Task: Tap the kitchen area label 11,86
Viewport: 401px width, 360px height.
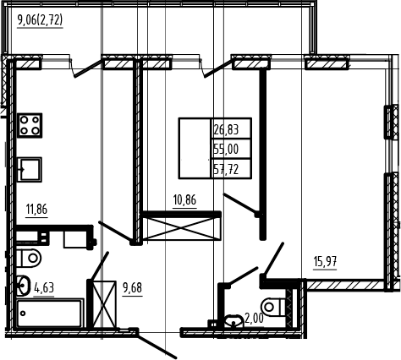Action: (36, 210)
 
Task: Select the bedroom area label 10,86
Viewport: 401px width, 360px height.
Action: (184, 200)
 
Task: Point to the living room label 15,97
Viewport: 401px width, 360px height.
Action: (325, 262)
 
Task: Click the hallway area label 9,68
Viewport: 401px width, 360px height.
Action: (132, 288)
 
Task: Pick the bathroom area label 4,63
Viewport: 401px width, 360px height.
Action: (44, 288)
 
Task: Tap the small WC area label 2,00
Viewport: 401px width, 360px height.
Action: (254, 319)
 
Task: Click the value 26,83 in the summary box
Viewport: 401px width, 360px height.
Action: (226, 130)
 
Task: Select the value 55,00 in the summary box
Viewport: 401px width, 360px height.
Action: (226, 149)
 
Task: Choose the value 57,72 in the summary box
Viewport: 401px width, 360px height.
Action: (226, 170)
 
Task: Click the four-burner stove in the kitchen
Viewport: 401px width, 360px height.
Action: (30, 125)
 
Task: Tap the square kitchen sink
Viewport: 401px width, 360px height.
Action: (30, 170)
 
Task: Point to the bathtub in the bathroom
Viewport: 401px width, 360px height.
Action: (50, 314)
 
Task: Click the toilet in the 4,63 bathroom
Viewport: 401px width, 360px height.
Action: (29, 258)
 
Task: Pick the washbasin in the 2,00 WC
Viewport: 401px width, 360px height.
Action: (233, 321)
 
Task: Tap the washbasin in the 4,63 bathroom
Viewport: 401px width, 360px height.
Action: (23, 286)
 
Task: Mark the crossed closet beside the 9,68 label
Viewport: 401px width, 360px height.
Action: (104, 304)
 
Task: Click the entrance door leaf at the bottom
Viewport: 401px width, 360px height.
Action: (157, 346)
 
